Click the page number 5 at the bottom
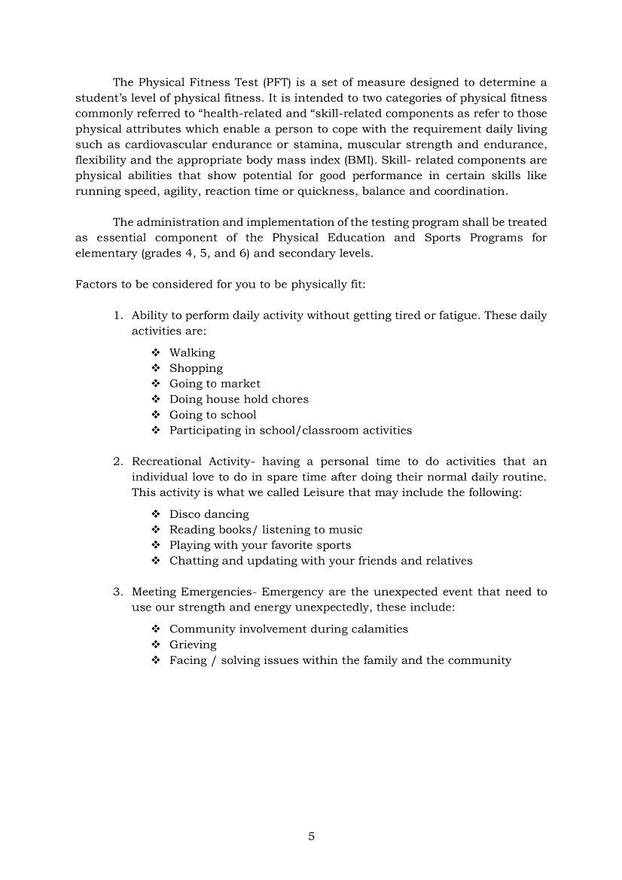pyautogui.click(x=311, y=836)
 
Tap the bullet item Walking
pyautogui.click(x=192, y=352)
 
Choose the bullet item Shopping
pyautogui.click(x=196, y=368)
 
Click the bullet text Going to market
pyautogui.click(x=215, y=384)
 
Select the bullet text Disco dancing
pyautogui.click(x=209, y=514)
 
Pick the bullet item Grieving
pyautogui.click(x=193, y=644)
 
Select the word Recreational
pyautogui.click(x=166, y=461)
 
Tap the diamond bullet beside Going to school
pyautogui.click(x=156, y=415)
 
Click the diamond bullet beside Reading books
pyautogui.click(x=156, y=530)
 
